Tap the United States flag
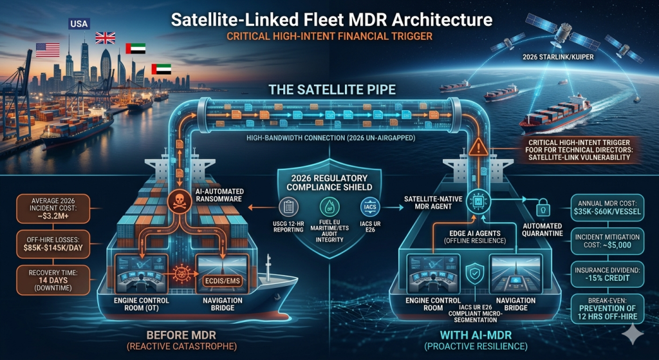coord(48,50)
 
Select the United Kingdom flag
coord(105,37)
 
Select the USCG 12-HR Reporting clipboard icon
coord(288,207)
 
